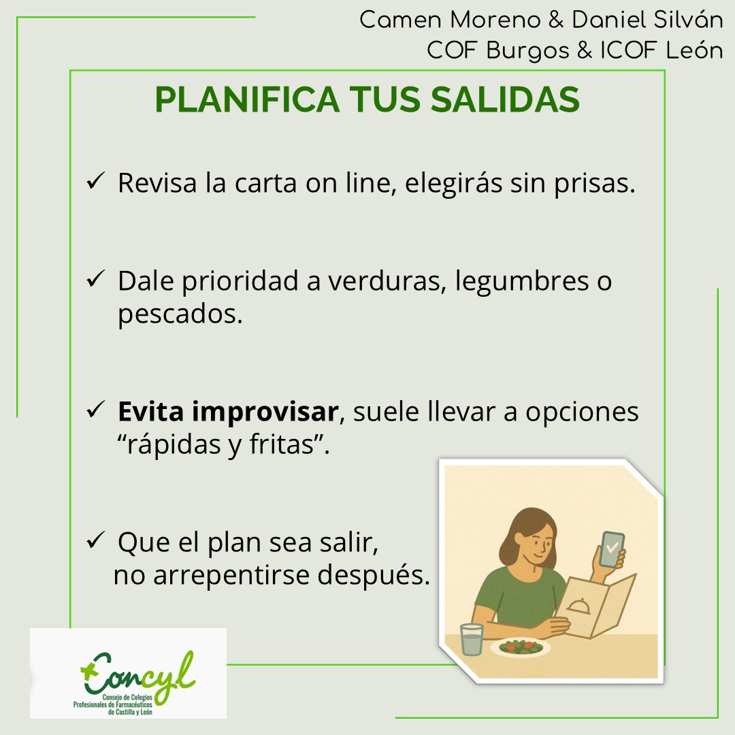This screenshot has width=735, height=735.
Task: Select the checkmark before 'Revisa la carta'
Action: pos(95,182)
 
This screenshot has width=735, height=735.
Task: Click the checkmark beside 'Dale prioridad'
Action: pos(95,280)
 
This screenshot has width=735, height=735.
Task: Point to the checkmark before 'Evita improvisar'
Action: pos(95,411)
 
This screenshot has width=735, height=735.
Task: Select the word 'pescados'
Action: pos(180,314)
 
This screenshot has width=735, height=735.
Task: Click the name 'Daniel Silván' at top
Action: pos(647,20)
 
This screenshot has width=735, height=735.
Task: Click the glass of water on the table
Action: pos(471,639)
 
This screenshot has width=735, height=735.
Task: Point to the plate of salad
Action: pos(521,646)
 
